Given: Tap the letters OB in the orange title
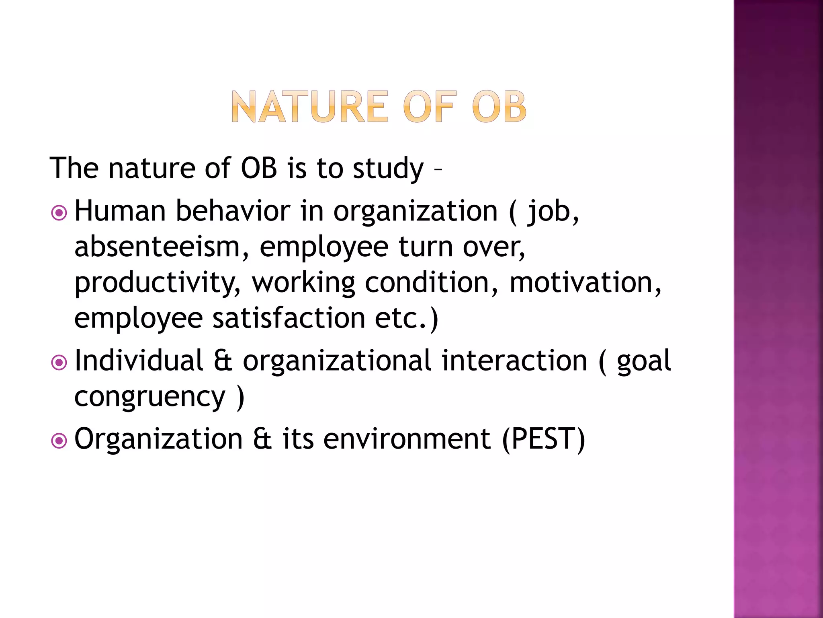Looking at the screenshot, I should tap(499, 107).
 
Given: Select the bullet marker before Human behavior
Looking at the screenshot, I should tap(59, 213).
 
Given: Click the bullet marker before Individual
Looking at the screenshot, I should tap(59, 363).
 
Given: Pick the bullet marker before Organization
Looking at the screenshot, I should tap(59, 441).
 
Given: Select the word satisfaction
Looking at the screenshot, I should tap(289, 317).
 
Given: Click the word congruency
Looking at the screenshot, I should tap(149, 398).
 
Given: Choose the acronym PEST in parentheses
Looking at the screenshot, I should tap(543, 439).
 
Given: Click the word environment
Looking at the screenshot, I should tap(407, 439).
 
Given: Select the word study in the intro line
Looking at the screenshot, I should tap(388, 168).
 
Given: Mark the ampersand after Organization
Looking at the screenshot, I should tap(262, 439).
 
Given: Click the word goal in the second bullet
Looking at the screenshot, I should tap(643, 361).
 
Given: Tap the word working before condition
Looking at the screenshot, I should tap(303, 283).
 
